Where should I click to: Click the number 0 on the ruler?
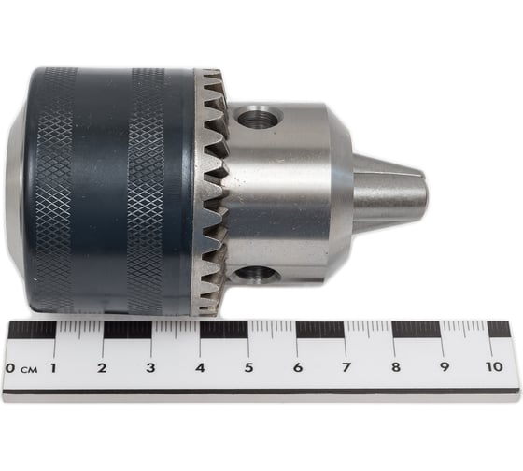[x=10, y=368]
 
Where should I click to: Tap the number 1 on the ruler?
[x=52, y=368]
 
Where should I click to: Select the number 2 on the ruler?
[x=102, y=368]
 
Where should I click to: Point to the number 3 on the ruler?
[x=150, y=368]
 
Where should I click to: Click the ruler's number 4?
[x=200, y=368]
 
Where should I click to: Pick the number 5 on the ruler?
[x=248, y=368]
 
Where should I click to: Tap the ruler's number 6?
[x=298, y=368]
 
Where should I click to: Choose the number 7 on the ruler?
[x=346, y=367]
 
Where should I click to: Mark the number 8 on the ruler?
[x=396, y=367]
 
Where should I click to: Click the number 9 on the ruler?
[x=445, y=367]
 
